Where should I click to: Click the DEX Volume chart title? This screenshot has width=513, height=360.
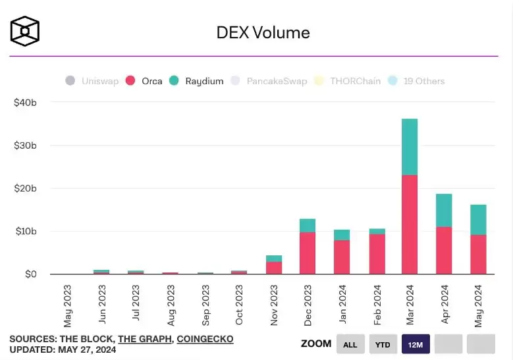pos(263,32)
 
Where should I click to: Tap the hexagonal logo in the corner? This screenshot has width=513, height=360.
pos(24,31)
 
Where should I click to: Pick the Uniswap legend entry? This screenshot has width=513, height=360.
pos(92,81)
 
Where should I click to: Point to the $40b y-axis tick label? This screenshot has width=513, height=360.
pos(25,103)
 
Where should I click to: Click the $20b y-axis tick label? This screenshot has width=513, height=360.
pos(25,188)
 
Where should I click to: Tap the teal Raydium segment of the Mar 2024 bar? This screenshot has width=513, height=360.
pos(410,147)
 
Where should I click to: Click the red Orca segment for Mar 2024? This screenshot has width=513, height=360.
pos(410,224)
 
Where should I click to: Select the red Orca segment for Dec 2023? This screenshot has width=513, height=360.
pos(308,253)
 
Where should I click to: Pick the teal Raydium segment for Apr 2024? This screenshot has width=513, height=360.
pos(444,211)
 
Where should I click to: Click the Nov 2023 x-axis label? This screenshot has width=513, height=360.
pos(273,305)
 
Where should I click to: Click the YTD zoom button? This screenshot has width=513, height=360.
pos(383,344)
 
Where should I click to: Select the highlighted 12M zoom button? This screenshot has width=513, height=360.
pos(416,344)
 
